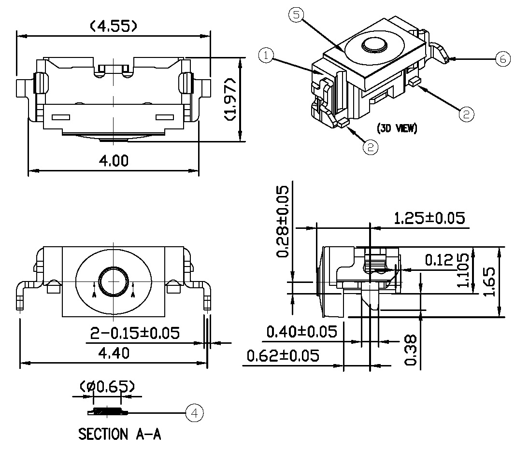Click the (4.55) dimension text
[x=114, y=26]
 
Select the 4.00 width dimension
[x=114, y=161]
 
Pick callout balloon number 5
[x=296, y=14]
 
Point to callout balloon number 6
[x=503, y=59]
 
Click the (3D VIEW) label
[x=397, y=129]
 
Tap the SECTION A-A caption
[x=120, y=434]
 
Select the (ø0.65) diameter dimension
[x=107, y=387]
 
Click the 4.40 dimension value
[x=114, y=353]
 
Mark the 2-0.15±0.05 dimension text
[x=135, y=333]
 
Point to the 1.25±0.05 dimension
[x=429, y=218]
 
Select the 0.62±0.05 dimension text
[x=283, y=356]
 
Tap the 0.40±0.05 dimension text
[x=301, y=332]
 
